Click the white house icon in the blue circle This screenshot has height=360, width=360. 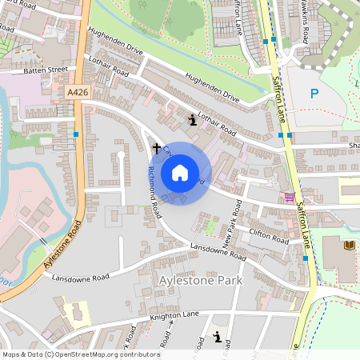(180, 173)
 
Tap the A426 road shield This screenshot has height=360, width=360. (77, 94)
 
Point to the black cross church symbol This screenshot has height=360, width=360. (157, 147)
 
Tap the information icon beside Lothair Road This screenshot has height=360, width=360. (192, 120)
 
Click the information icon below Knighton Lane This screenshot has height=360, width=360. (218, 337)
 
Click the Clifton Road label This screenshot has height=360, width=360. (268, 236)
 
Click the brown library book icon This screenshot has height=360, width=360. (347, 246)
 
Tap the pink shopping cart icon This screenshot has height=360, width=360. (289, 197)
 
